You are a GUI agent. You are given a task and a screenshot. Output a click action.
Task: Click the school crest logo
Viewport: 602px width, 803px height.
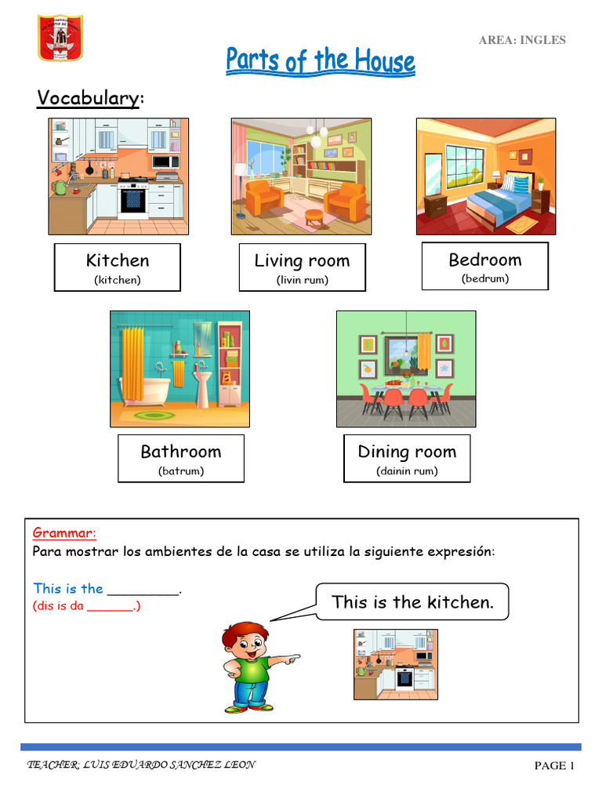coord(60,37)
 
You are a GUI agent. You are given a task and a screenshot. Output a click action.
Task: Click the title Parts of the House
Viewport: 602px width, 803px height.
coord(321,61)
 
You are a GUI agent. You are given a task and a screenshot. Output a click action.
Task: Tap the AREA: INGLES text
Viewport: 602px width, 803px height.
coord(522,40)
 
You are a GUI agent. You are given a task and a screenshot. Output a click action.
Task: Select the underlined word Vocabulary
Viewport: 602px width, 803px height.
coord(88,98)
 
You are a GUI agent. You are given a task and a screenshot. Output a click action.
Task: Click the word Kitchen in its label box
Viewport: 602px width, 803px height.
coord(118,260)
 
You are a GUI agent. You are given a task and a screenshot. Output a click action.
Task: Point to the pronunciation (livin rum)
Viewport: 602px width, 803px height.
coord(302,279)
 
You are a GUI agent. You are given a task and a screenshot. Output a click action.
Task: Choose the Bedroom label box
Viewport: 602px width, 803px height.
coord(484,267)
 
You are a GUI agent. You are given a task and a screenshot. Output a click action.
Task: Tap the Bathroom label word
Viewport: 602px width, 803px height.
coord(180,451)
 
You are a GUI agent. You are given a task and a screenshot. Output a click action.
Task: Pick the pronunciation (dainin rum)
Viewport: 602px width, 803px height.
coord(407,471)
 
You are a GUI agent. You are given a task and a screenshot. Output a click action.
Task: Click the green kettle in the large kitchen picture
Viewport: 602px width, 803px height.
coord(60,187)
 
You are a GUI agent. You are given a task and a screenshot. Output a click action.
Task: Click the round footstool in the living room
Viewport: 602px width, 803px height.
coord(313,215)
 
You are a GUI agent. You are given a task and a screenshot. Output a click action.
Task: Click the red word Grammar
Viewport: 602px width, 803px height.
coord(64,533)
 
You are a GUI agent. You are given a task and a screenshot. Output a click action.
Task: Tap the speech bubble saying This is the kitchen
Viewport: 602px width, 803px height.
coord(412,602)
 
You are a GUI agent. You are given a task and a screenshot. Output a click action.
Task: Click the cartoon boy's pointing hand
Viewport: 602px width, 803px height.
coord(291,659)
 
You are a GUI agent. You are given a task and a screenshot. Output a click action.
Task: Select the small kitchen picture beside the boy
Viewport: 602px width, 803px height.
coord(393,663)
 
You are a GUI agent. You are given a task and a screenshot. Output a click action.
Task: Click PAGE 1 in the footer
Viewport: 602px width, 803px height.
coord(554,766)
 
